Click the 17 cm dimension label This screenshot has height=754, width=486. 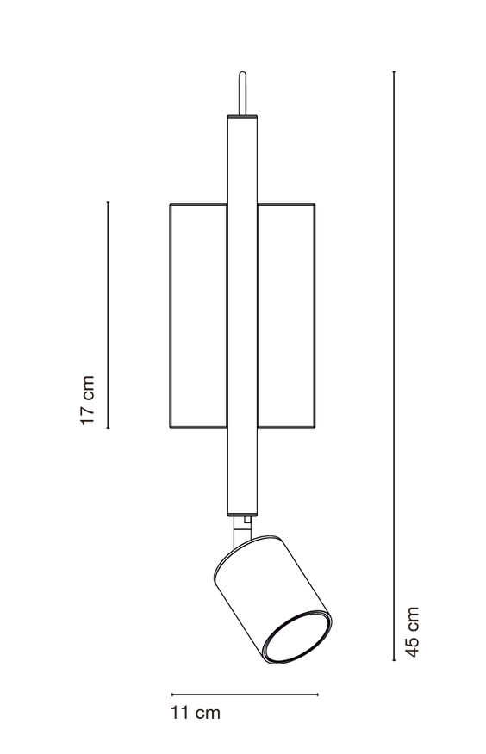click(x=87, y=400)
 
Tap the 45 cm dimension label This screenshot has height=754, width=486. click(x=412, y=632)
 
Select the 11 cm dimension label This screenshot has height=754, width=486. click(x=195, y=712)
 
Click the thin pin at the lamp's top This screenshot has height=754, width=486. click(x=243, y=93)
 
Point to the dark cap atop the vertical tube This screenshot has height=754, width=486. click(x=242, y=117)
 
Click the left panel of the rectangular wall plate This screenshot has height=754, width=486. click(x=199, y=315)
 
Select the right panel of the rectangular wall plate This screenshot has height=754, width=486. click(x=286, y=315)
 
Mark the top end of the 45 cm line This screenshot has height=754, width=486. click(x=394, y=71)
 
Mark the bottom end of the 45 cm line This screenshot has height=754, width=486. click(x=394, y=660)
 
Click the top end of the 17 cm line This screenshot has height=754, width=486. click(x=109, y=202)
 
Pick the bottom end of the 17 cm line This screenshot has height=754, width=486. click(x=109, y=428)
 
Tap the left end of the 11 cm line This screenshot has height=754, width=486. click(x=172, y=695)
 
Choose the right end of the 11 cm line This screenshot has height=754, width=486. click(x=318, y=695)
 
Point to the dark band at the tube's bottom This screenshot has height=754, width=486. click(x=242, y=514)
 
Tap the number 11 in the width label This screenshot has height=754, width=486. click(x=179, y=712)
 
